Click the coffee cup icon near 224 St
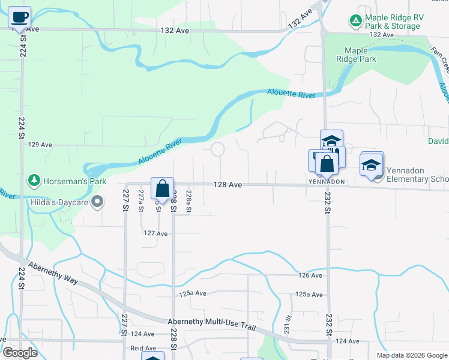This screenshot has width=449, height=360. [x=20, y=16]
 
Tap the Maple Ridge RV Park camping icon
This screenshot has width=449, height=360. [x=356, y=22]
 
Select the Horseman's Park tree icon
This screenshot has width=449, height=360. [x=35, y=180]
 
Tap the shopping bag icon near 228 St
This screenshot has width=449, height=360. [x=162, y=188]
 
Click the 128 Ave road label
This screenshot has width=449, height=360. [x=228, y=185]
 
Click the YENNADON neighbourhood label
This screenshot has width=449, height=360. [x=327, y=181]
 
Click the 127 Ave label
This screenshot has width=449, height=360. [x=155, y=233]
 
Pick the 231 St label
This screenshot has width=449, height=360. [x=288, y=328]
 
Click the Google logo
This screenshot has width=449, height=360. [x=20, y=353]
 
